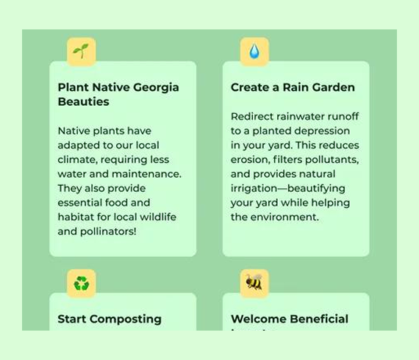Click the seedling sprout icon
point(82,51)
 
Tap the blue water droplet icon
point(254,51)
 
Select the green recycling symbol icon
point(82,284)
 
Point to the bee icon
point(254,283)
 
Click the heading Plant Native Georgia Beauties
point(118,94)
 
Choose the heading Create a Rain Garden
point(293,87)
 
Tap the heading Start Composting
point(110,319)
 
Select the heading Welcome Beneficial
point(290,319)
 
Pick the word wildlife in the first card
point(155,217)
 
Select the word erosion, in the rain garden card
point(251,159)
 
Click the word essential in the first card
point(84,203)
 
